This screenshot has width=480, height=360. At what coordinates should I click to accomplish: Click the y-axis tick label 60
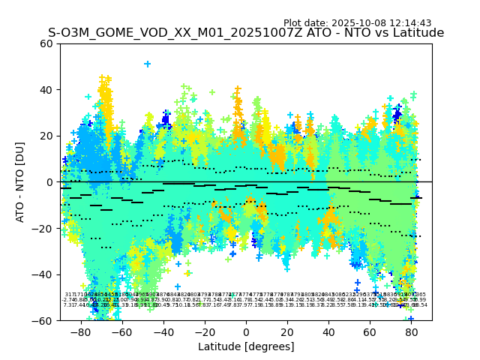pos(47,43)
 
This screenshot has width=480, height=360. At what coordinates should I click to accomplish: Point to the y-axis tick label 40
pos(47,90)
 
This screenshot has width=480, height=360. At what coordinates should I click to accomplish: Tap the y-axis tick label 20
pos(47,136)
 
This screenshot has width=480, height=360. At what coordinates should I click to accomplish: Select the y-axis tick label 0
pos(50,182)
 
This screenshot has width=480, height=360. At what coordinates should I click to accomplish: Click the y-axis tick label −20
pos(44,228)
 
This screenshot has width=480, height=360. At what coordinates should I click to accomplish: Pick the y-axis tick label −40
pos(44,274)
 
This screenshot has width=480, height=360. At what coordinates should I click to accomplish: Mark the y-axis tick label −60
pos(44,320)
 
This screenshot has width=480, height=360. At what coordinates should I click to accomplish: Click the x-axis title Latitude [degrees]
pos(246,346)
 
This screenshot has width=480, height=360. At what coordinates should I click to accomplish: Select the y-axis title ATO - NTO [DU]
pos(21,182)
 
